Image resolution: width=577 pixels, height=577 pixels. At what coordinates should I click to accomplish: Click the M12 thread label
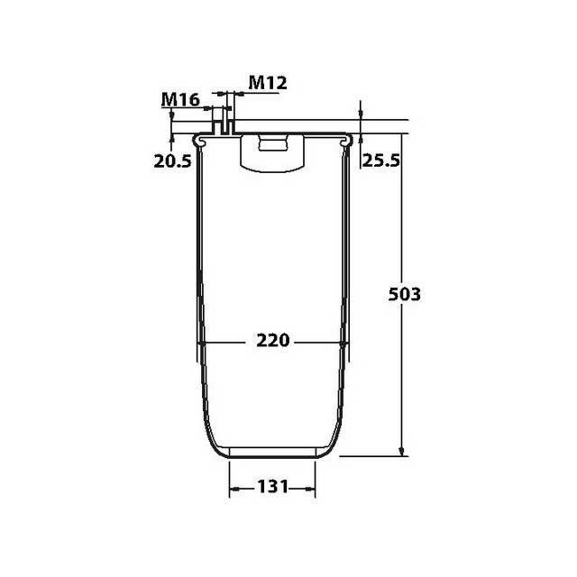tap(267, 83)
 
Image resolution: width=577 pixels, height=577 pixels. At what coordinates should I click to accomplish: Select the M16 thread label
tap(180, 99)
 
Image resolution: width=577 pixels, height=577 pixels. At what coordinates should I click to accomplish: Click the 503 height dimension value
tap(405, 294)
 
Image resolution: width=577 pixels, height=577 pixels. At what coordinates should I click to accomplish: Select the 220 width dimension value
tap(272, 341)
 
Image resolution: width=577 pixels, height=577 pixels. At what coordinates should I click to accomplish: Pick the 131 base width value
tap(272, 487)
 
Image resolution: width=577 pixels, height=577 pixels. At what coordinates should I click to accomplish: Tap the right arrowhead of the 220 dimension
tap(341, 343)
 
